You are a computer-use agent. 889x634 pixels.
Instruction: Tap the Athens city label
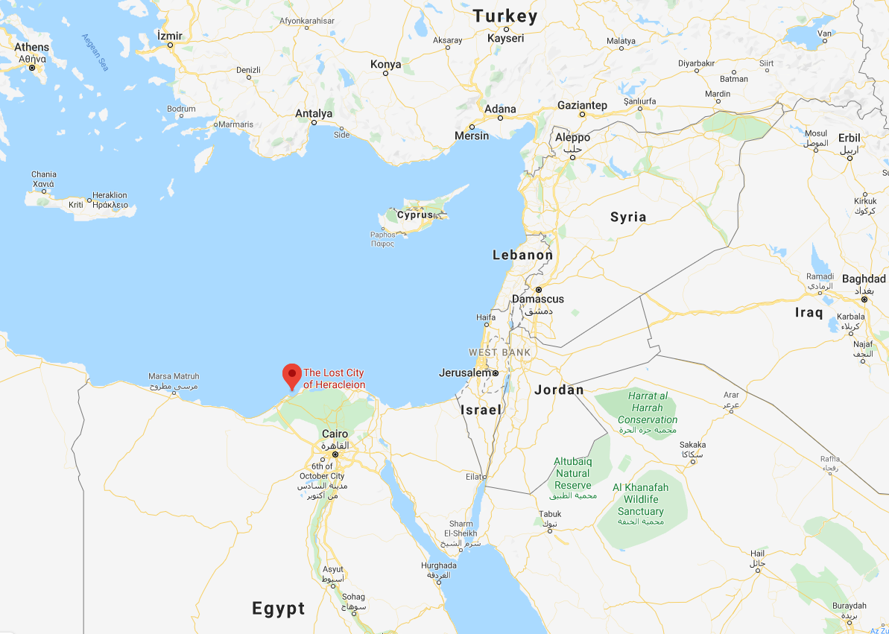pyautogui.click(x=31, y=48)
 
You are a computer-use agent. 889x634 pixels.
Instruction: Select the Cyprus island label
pyautogui.click(x=415, y=215)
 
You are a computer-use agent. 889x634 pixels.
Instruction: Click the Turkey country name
pyautogui.click(x=504, y=16)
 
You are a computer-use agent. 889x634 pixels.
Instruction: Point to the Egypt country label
pyautogui.click(x=279, y=608)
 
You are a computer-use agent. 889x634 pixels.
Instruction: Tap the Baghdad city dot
pyautogui.click(x=864, y=299)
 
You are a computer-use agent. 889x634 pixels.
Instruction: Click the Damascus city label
pyautogui.click(x=537, y=299)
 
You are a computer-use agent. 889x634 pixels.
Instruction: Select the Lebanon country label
pyautogui.click(x=522, y=255)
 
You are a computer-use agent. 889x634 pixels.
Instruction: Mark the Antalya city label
pyautogui.click(x=313, y=113)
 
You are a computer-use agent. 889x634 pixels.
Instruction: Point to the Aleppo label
pyautogui.click(x=572, y=137)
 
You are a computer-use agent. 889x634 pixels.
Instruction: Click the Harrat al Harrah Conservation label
pyautogui.click(x=647, y=408)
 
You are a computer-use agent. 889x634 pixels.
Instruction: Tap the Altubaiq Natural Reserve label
pyautogui.click(x=572, y=473)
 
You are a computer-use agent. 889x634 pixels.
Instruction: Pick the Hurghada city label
pyautogui.click(x=438, y=565)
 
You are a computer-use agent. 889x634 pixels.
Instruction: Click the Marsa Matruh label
pyautogui.click(x=174, y=376)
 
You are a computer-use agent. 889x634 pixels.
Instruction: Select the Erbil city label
pyautogui.click(x=849, y=138)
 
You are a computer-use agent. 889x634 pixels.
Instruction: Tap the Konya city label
pyautogui.click(x=385, y=64)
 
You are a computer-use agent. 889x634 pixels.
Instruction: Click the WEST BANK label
pyautogui.click(x=499, y=352)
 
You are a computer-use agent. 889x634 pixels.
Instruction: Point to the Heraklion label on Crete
pyautogui.click(x=110, y=195)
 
